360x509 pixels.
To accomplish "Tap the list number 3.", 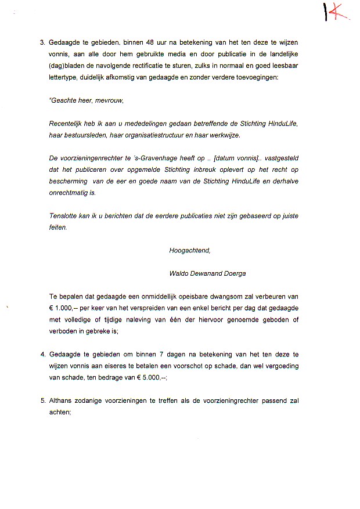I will [x=42, y=43].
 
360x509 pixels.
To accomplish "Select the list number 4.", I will [x=42, y=354].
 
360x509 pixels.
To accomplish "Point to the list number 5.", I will [x=42, y=400].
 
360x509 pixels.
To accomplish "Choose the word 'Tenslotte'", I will [x=64, y=216].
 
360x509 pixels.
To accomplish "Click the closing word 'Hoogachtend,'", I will [x=189, y=251].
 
